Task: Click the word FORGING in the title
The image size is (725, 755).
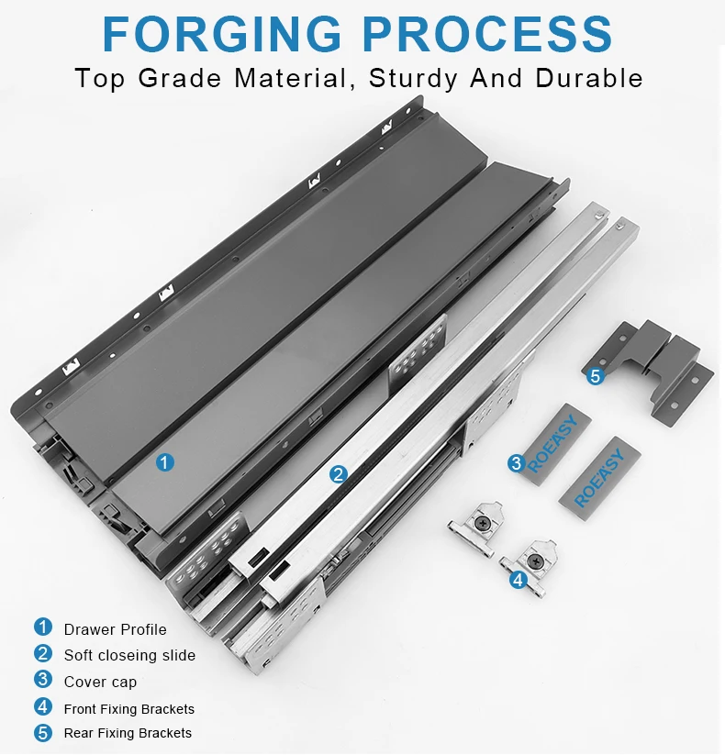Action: [222, 34]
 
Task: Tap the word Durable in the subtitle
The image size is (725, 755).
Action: [588, 78]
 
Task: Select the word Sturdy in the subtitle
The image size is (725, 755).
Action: [413, 79]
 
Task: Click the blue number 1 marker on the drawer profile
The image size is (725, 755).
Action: [165, 462]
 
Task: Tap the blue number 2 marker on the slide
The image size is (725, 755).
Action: [338, 474]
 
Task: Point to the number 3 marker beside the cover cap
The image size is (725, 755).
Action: [517, 463]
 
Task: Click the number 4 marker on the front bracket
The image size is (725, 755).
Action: [519, 580]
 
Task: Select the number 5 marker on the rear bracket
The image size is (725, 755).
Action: [596, 375]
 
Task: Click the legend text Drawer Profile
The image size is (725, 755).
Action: [115, 629]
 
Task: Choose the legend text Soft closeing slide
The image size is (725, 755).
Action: [129, 655]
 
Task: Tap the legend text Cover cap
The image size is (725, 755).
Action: [100, 682]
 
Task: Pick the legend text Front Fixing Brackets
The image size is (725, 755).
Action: [129, 709]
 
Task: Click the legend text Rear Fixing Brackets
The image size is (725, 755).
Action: [128, 733]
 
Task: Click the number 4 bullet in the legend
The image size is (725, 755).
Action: [43, 707]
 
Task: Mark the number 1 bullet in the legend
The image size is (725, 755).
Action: [43, 627]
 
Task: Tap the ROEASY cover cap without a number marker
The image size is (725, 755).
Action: [600, 478]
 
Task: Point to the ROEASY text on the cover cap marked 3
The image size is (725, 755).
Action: [552, 443]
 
